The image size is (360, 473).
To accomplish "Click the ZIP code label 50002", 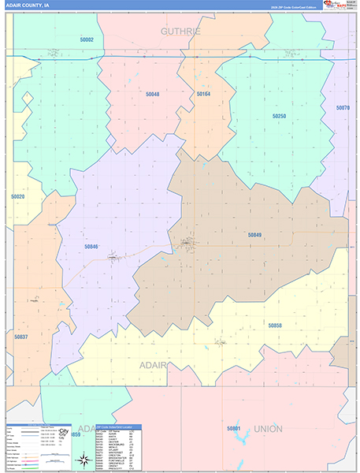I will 87,39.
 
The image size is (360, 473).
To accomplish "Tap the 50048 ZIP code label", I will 152,95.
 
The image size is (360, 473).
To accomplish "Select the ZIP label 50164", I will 203,95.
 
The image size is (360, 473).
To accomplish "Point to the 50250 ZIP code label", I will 279,116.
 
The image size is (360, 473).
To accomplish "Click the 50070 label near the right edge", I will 343,107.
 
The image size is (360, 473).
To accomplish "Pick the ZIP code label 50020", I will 17,197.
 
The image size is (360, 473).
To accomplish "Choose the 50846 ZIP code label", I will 91,247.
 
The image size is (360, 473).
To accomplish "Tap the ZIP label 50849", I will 254,235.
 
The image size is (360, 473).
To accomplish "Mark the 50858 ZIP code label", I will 274,325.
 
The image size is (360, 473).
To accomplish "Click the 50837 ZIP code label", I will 21,337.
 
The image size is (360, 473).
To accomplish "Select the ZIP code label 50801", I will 234,428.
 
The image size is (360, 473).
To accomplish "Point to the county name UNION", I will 268,429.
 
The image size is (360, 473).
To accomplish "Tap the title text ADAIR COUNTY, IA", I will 28,5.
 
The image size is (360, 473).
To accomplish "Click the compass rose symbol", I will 84,460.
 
